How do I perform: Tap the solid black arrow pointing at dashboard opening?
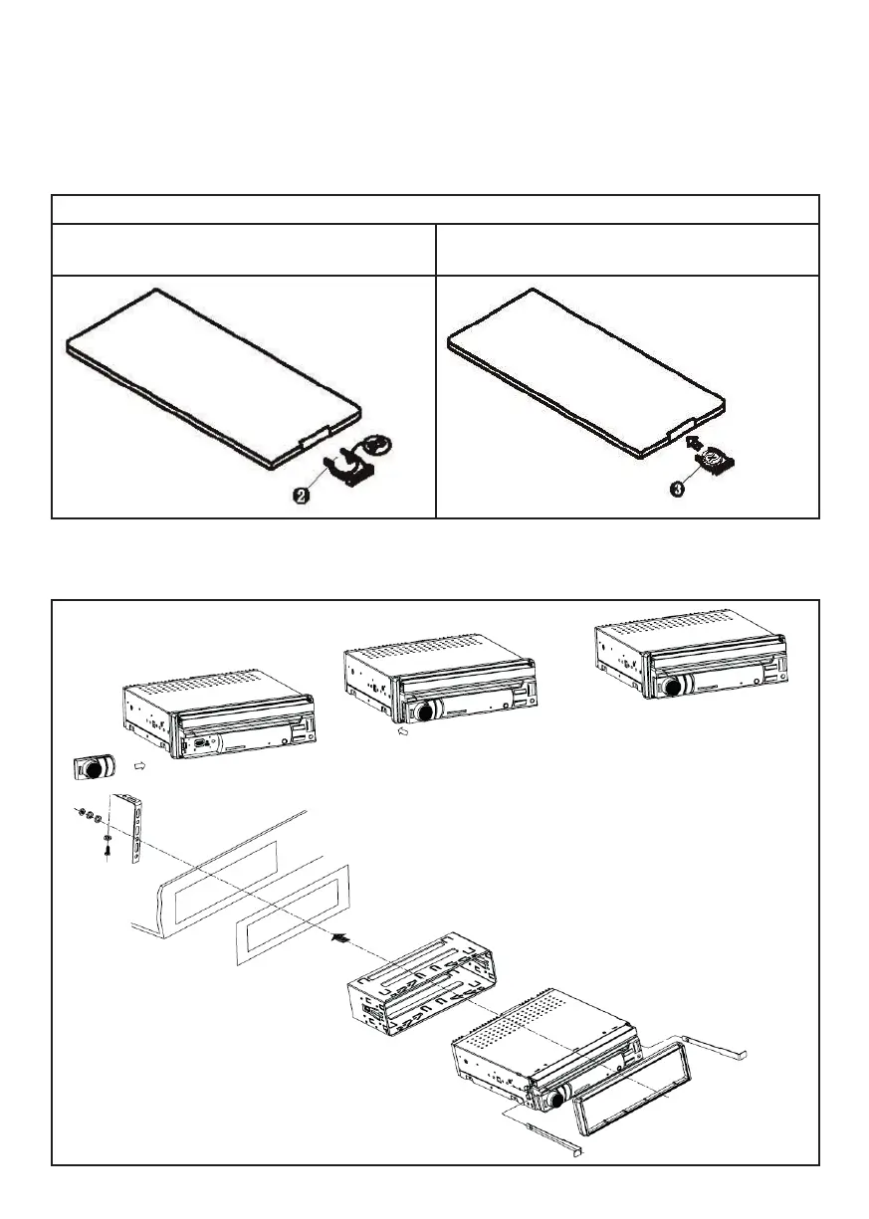point(340,936)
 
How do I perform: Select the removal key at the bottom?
point(546,1138)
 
